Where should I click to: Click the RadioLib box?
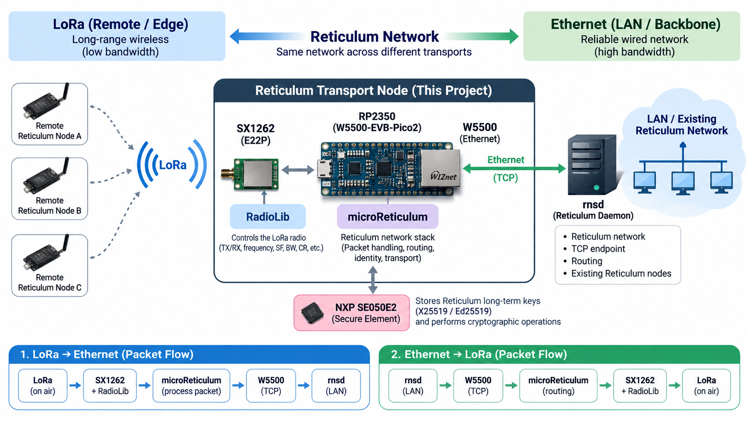tap(268, 217)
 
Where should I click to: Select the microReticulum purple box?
tap(387, 217)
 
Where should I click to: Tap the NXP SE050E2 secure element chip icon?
tap(312, 313)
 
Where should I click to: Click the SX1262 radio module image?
tap(250, 174)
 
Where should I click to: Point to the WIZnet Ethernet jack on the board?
tap(440, 168)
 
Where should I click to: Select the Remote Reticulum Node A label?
tap(50, 131)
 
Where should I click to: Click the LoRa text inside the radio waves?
tap(173, 165)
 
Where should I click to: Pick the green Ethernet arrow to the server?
tap(514, 168)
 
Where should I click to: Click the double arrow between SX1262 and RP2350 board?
tap(298, 170)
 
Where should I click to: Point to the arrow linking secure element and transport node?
tap(373, 280)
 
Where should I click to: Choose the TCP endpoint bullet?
tap(598, 249)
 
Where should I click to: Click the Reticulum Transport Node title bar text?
tap(374, 90)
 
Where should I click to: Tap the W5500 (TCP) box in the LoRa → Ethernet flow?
tap(271, 385)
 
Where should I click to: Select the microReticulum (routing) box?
tap(558, 385)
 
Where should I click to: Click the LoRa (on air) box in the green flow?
tap(706, 385)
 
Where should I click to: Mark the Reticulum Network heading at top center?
tap(374, 36)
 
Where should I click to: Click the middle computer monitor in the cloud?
tap(683, 183)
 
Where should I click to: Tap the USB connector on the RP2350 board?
tap(323, 169)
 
